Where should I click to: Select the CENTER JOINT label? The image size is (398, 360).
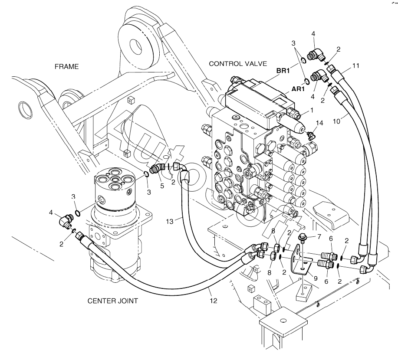[x=113, y=301]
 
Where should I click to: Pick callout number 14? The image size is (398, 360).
[x=319, y=123]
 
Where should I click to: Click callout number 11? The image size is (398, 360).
[x=355, y=66]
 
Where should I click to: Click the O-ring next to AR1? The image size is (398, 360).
[x=307, y=81]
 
